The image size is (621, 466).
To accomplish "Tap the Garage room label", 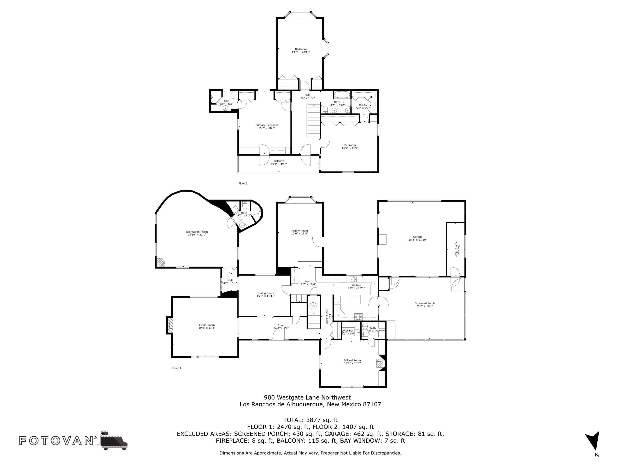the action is (x=418, y=238).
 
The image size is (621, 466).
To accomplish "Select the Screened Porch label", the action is (x=425, y=304).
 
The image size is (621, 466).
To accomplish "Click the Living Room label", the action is (x=207, y=326).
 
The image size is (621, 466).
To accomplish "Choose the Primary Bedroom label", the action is (x=267, y=126).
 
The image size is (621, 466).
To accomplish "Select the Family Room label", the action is (x=300, y=232).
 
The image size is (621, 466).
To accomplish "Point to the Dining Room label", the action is (x=266, y=294).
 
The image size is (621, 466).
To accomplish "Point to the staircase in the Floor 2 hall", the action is (x=314, y=120).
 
